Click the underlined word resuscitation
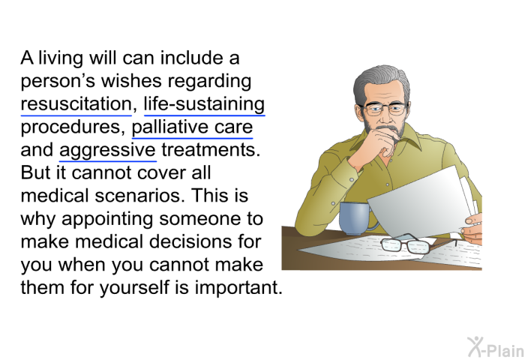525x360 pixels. (x=76, y=103)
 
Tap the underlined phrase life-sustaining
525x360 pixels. (x=204, y=104)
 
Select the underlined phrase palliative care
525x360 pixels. (x=192, y=127)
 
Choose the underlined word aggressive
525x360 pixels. (x=107, y=151)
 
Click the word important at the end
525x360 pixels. (x=238, y=288)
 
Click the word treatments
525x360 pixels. (x=211, y=150)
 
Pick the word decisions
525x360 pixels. (x=190, y=241)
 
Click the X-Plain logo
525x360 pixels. (x=496, y=347)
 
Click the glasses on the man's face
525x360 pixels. (x=385, y=109)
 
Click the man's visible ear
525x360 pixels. (x=359, y=112)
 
